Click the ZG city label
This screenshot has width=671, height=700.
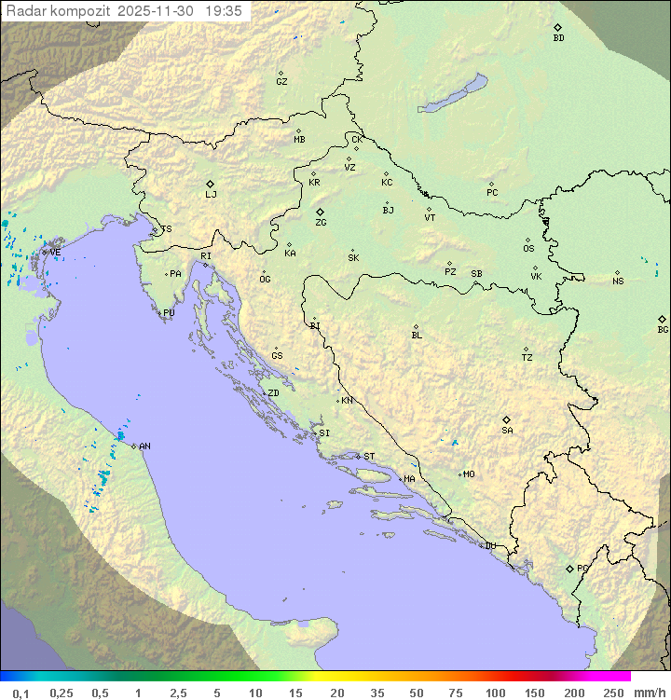(x=321, y=224)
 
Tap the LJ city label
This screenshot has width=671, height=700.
(x=211, y=195)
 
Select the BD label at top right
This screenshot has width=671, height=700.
(x=558, y=38)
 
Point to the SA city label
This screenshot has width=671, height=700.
(x=507, y=431)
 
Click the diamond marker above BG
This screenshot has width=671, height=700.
(x=662, y=319)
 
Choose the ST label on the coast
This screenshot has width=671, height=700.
(x=369, y=457)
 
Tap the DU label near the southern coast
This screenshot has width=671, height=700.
(x=489, y=546)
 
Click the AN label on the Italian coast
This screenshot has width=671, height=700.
(x=144, y=446)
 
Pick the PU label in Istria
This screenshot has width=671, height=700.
(x=169, y=314)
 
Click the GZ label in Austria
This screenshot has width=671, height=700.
(x=281, y=82)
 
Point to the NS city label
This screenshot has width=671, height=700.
(x=618, y=281)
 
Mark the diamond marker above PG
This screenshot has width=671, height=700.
(x=569, y=568)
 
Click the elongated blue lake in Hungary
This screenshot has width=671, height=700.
(x=452, y=95)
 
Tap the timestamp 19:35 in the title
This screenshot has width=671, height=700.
(x=224, y=11)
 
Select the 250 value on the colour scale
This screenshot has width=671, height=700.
(x=613, y=693)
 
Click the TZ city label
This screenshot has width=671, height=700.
(x=527, y=358)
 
